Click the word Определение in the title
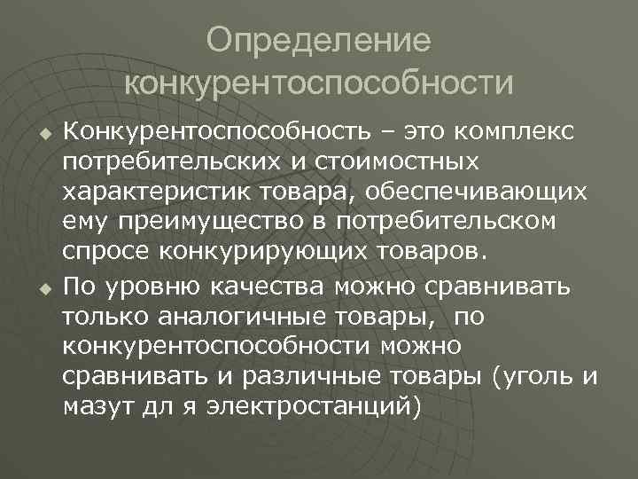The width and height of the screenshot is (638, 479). [319, 40]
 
